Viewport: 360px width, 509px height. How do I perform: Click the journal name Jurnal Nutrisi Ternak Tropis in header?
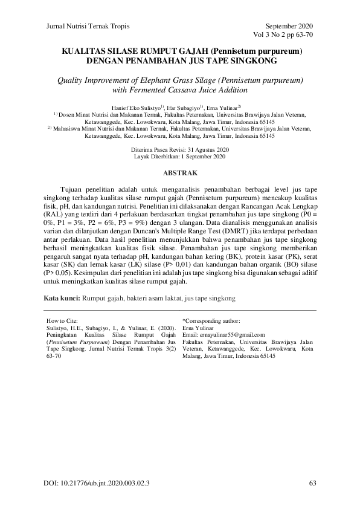[88, 27]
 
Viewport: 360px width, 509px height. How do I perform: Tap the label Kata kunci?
[62, 299]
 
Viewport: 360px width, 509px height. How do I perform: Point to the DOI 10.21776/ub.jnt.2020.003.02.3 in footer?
[97, 484]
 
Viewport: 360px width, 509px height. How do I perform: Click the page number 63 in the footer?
[312, 484]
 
